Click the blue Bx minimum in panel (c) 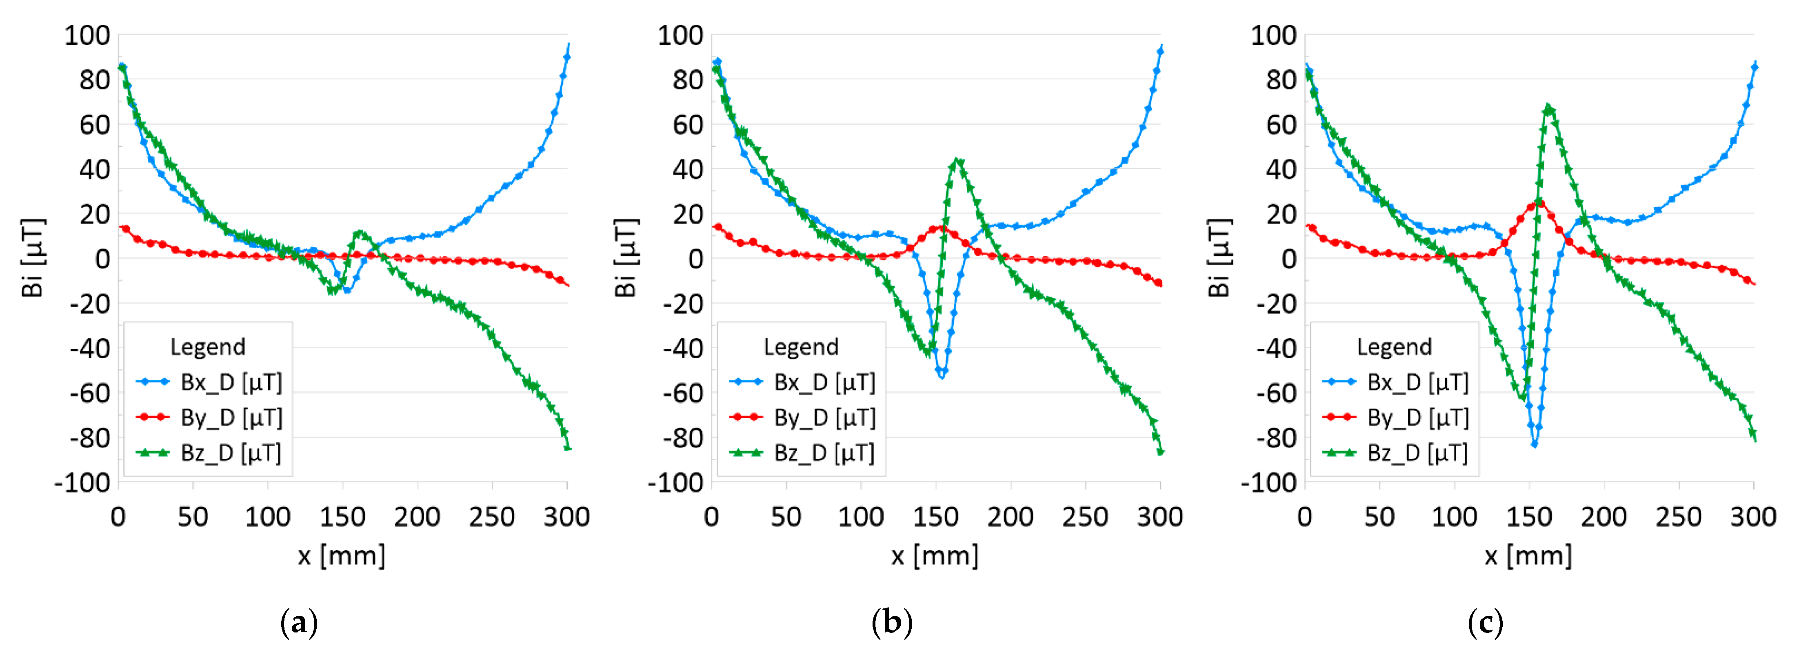[1534, 444]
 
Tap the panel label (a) [298, 621]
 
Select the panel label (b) [892, 621]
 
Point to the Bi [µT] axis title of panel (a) [33, 258]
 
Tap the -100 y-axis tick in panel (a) [82, 482]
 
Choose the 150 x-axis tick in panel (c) [1529, 517]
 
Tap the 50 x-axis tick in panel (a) [193, 517]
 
